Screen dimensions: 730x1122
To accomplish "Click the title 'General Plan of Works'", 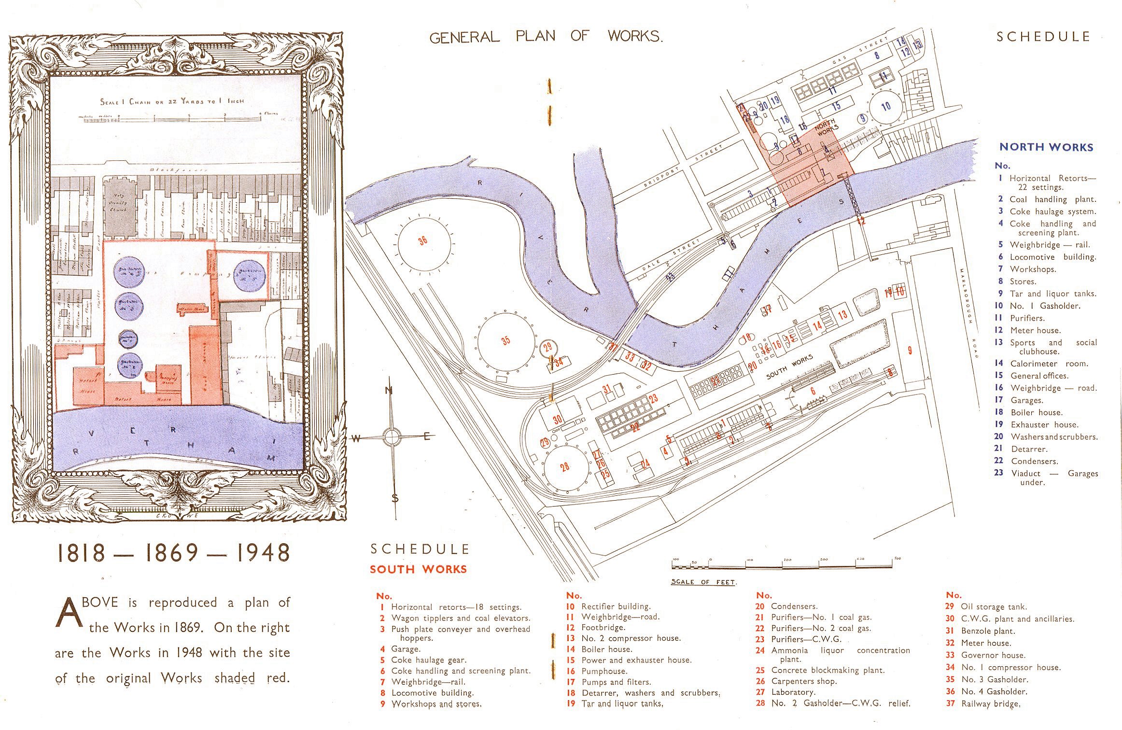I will [x=546, y=37].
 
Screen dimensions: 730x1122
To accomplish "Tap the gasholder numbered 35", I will [x=506, y=341].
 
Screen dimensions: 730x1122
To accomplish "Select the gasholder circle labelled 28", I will [x=565, y=467].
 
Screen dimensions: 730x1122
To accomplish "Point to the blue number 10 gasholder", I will [x=885, y=106].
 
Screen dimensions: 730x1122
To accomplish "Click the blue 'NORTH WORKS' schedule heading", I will [x=1046, y=147].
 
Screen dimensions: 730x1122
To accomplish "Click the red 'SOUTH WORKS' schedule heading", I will [x=419, y=569].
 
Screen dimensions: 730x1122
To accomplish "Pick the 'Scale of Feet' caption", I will [x=704, y=582].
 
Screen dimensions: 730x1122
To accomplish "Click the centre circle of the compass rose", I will [x=391, y=437].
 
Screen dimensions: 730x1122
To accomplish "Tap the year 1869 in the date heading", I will [x=172, y=553].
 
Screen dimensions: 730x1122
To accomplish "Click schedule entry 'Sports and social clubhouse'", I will [x=1052, y=346].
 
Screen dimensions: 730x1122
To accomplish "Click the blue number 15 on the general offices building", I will [x=836, y=105].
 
